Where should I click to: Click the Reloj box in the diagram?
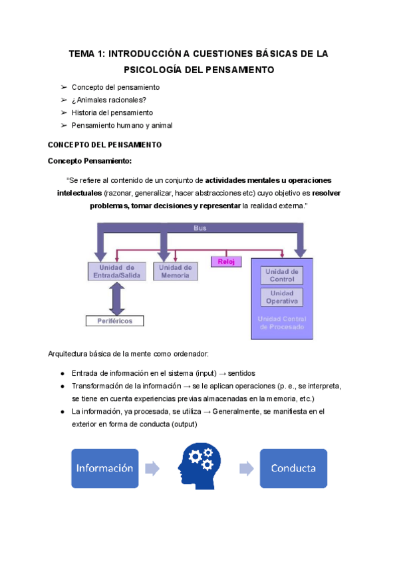coord(227,261)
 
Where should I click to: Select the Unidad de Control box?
coord(282,275)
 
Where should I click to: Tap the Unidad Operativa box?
coord(282,297)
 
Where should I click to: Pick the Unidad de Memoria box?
coord(176,271)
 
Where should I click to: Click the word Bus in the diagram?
coord(199,228)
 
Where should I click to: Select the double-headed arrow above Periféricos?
coord(117,299)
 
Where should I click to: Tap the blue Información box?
coord(104,468)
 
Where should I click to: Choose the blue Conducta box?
coord(293,468)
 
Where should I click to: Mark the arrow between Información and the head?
coord(152,468)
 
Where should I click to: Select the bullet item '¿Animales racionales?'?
coord(108,100)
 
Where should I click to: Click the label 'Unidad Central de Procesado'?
coord(282,323)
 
